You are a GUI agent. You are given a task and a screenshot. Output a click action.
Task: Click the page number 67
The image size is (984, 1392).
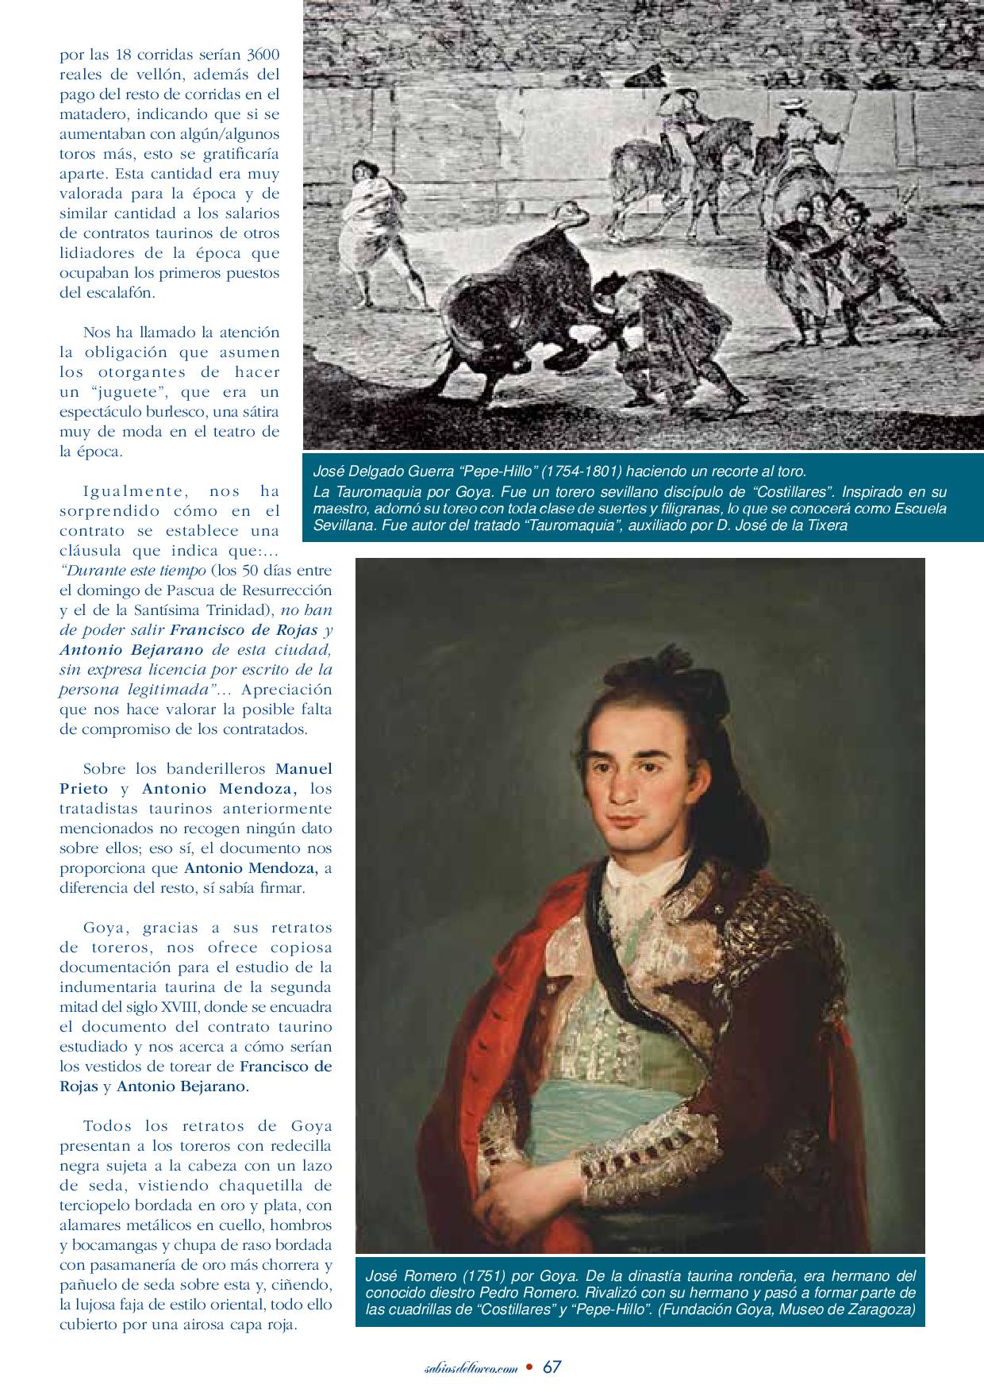pyautogui.click(x=553, y=1367)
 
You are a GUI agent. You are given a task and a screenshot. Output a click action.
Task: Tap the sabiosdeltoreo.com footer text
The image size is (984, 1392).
pyautogui.click(x=473, y=1368)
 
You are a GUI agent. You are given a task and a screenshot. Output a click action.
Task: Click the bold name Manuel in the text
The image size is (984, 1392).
pyautogui.click(x=304, y=769)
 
